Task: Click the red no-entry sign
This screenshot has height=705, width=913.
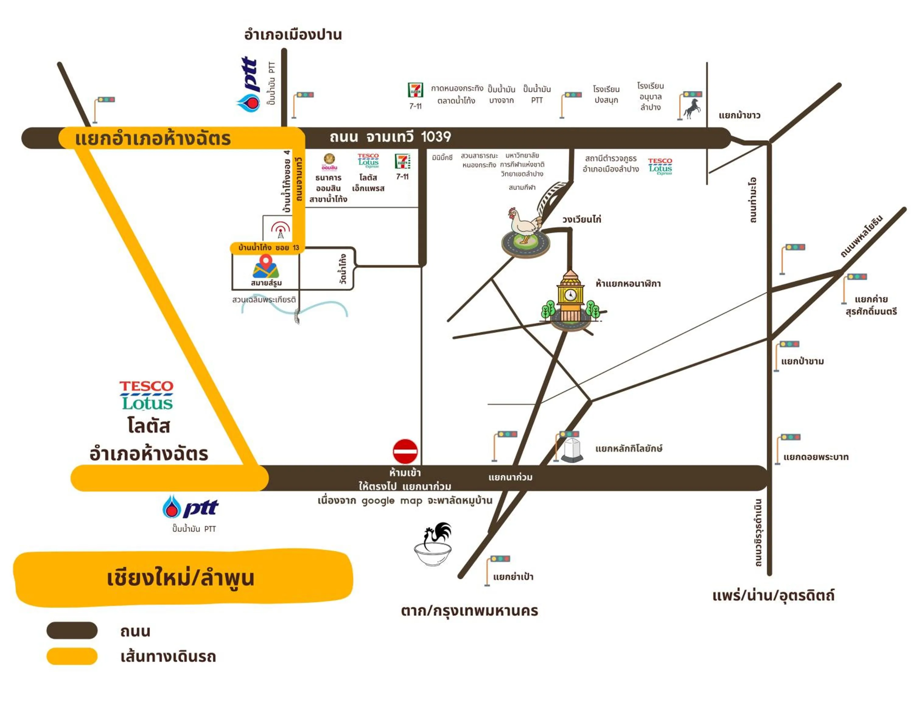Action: click(405, 451)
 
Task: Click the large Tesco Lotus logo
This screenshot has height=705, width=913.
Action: click(146, 395)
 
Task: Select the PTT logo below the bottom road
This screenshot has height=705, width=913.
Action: click(191, 507)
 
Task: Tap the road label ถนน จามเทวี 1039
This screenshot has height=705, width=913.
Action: click(390, 137)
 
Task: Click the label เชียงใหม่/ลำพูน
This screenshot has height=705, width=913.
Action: click(180, 578)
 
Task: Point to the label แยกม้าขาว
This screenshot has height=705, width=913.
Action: click(739, 116)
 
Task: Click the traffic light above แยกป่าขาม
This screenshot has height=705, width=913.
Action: click(789, 344)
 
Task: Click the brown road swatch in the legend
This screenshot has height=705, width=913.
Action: click(72, 630)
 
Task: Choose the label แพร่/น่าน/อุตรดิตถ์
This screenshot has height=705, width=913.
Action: click(773, 595)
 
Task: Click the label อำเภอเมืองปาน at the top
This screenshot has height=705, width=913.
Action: click(293, 35)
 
